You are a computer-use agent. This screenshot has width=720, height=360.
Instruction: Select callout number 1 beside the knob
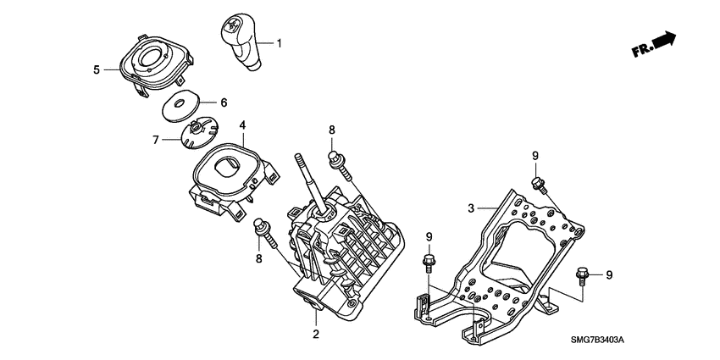click(x=280, y=42)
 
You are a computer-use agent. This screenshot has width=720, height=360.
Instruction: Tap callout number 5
click(x=97, y=69)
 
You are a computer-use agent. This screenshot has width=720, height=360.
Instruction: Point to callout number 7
click(x=155, y=139)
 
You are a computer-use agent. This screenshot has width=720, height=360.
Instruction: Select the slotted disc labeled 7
click(x=197, y=131)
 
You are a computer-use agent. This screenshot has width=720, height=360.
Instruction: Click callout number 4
click(x=242, y=126)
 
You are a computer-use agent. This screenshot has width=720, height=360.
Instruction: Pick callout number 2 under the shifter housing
click(x=315, y=335)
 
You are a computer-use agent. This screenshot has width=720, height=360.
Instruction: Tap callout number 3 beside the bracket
click(x=472, y=208)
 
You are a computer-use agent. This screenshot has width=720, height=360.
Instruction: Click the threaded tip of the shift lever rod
click(x=300, y=158)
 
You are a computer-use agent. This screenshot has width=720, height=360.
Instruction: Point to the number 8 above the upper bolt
click(x=332, y=130)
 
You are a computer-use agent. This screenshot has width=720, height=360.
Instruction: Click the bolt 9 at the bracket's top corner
click(x=537, y=186)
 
